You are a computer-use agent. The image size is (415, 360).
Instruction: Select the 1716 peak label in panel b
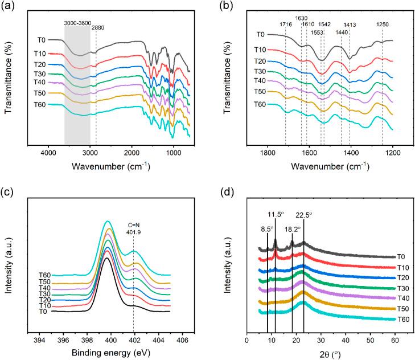pos(286,24)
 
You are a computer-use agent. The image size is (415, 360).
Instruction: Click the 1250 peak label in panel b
pos(383,24)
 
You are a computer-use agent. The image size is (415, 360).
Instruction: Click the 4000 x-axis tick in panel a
pos(48,153)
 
